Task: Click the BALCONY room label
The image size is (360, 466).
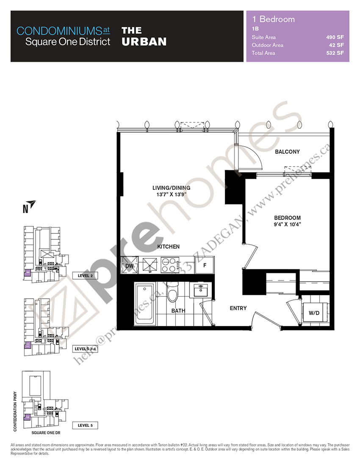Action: (287, 152)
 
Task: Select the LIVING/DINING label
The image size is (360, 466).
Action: (171, 188)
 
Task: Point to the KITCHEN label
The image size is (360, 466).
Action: (168, 247)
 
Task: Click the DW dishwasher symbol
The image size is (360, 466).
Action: (129, 266)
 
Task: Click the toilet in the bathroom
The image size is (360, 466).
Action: (172, 293)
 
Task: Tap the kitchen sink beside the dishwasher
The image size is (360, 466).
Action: (150, 265)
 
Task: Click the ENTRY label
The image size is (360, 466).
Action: (238, 308)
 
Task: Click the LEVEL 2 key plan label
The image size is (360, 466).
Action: (86, 275)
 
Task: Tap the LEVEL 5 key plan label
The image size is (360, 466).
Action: (86, 425)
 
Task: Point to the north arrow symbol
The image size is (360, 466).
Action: (30, 204)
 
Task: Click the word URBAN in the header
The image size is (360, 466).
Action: (144, 42)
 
